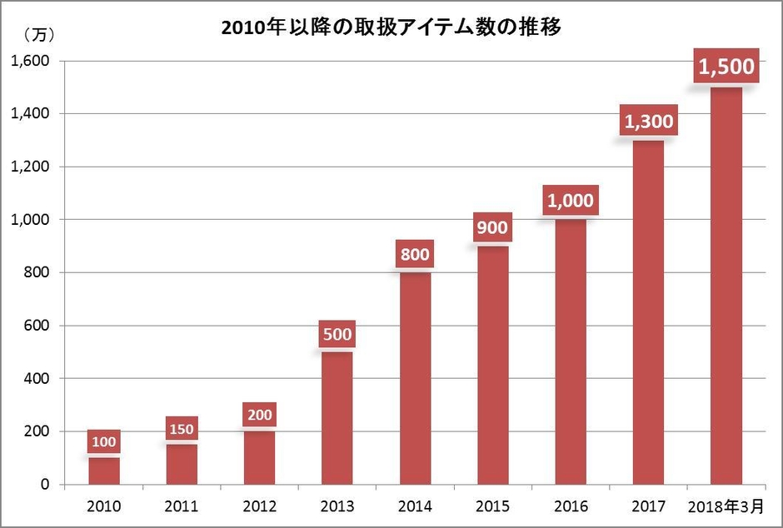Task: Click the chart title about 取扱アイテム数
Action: point(391,27)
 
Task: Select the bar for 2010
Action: point(103,471)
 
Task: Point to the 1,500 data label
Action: point(726,66)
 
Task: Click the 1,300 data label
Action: point(648,122)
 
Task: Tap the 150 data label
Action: point(181,430)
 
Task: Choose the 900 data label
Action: point(492,227)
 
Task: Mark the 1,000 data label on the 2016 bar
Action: point(571,200)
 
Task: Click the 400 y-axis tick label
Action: point(37,379)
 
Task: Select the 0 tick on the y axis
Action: point(47,485)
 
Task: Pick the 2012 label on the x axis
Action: point(259,506)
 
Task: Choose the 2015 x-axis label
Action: point(493,506)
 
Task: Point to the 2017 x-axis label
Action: point(649,506)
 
